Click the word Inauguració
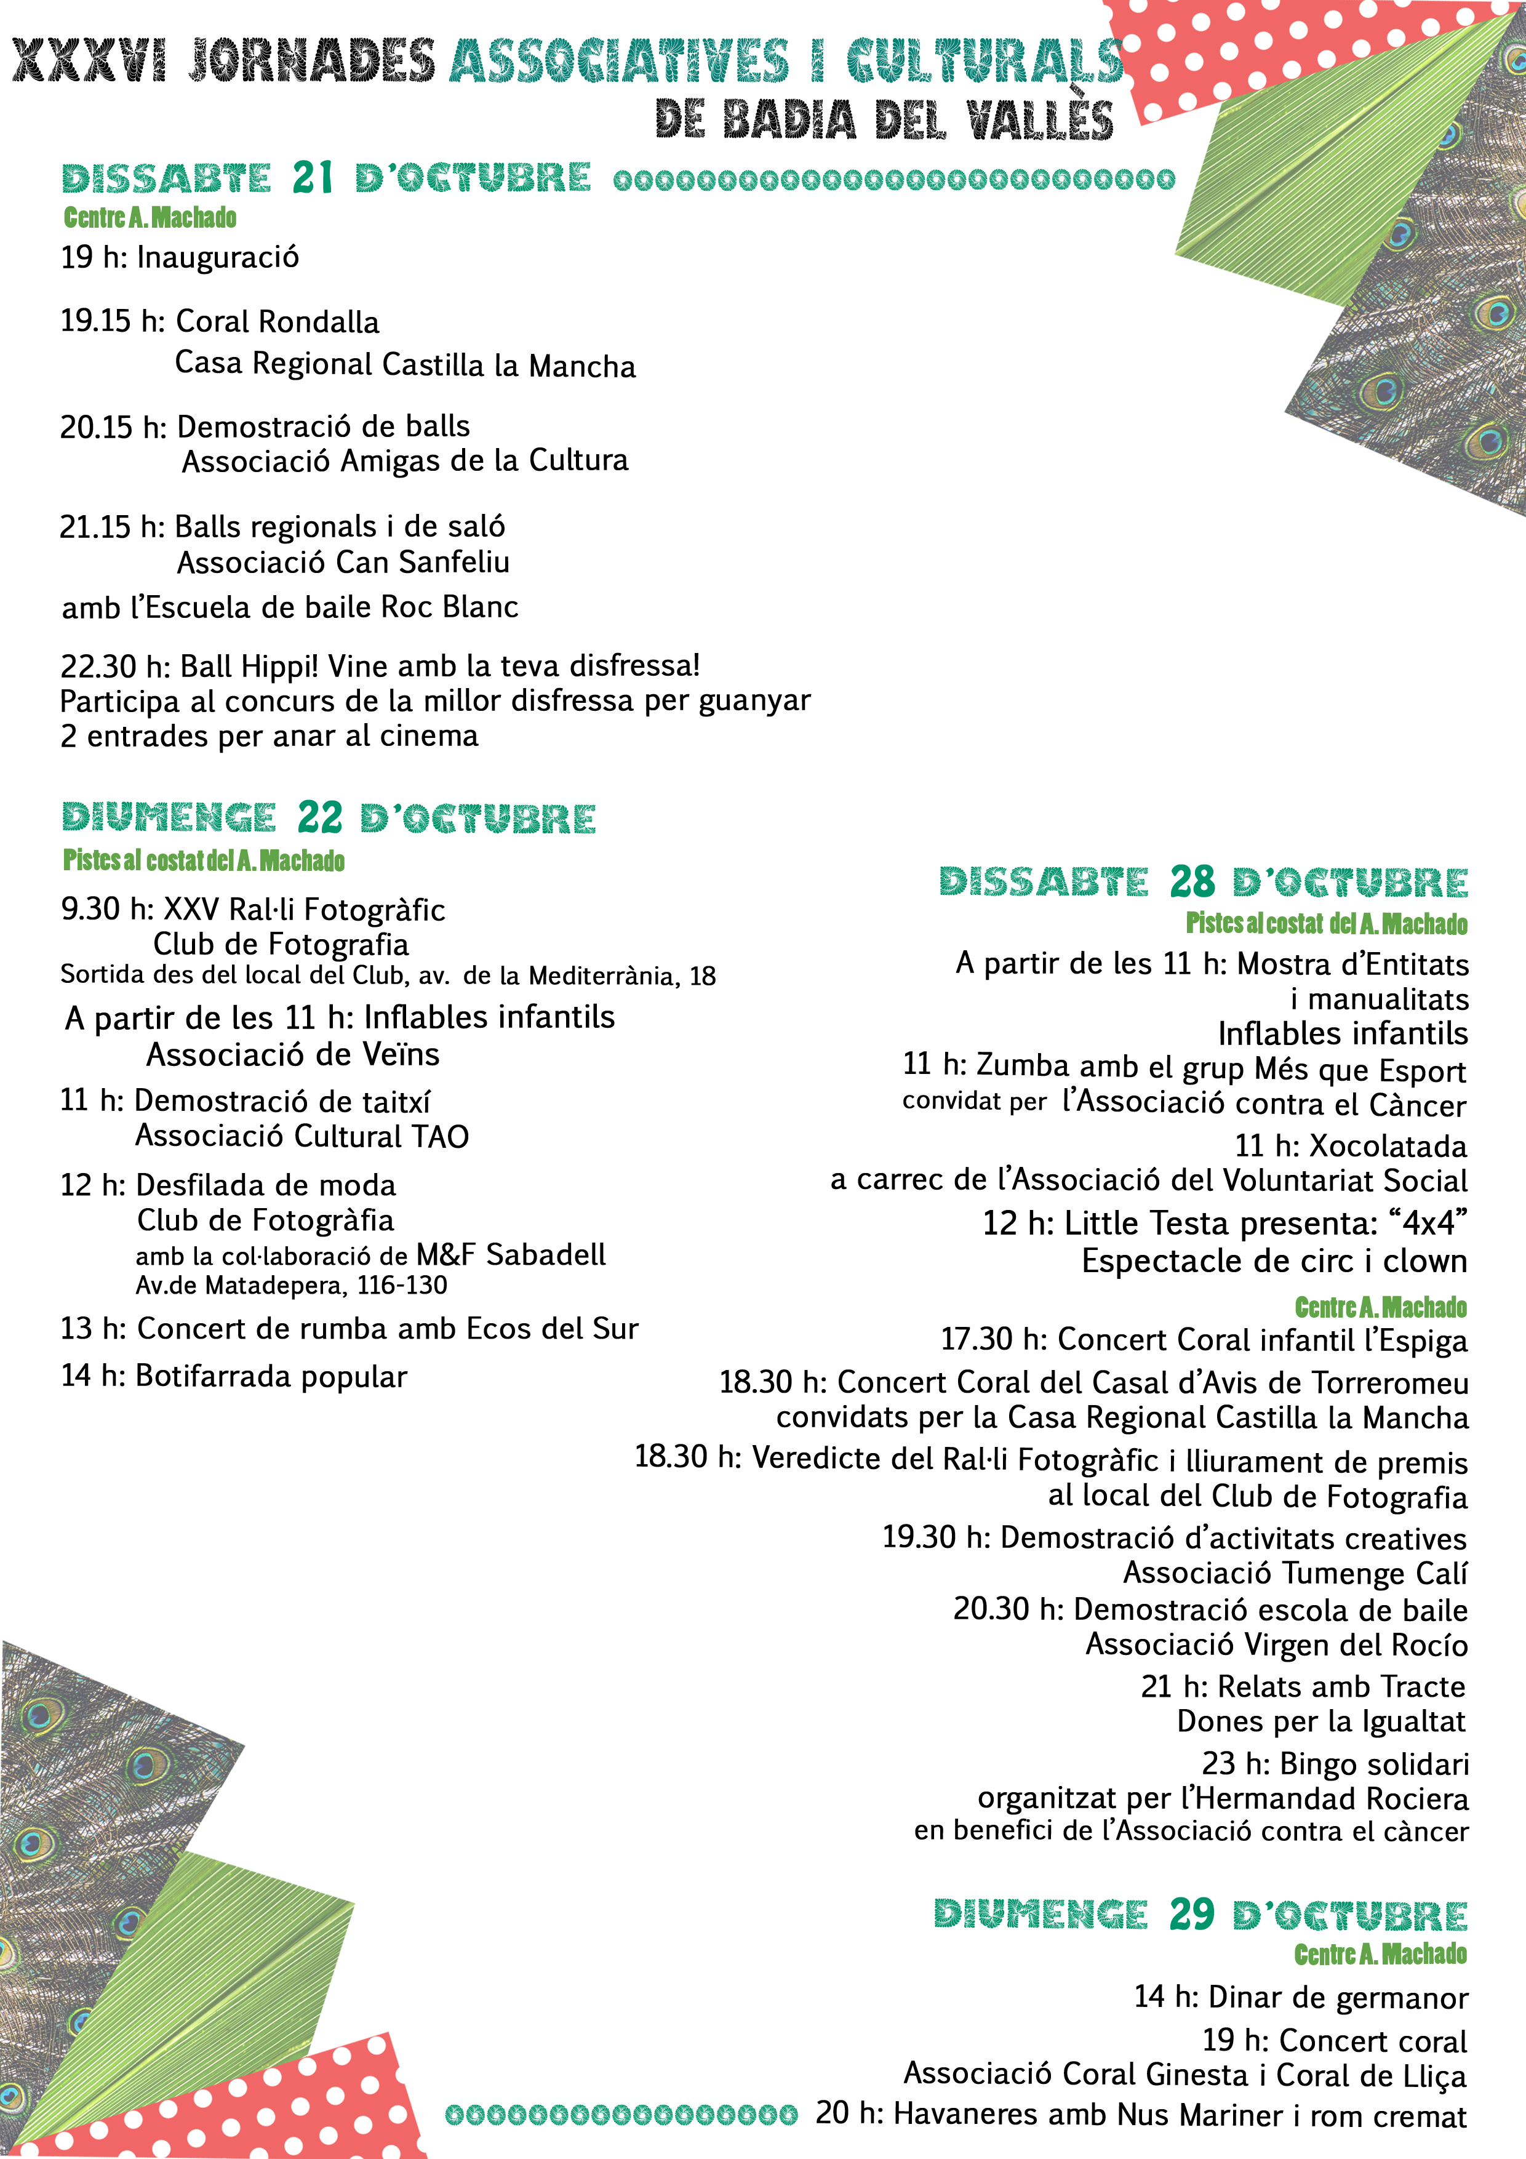[x=218, y=257]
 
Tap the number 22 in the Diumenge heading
[x=320, y=818]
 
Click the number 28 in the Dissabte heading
[x=1192, y=882]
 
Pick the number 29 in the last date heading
[x=1192, y=1913]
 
